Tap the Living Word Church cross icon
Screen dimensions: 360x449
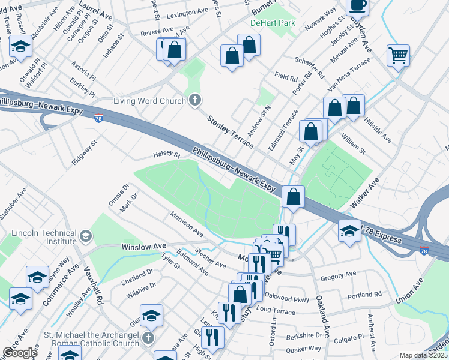(x=194, y=100)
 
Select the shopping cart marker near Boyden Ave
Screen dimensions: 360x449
(x=398, y=56)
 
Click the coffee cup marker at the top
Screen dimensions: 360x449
(x=358, y=5)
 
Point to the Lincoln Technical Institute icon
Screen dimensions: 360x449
(x=86, y=233)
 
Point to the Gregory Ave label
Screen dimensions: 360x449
(x=339, y=275)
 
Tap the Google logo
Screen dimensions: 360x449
(x=19, y=352)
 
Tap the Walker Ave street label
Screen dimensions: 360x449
(x=363, y=194)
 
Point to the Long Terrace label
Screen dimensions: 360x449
(x=276, y=312)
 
